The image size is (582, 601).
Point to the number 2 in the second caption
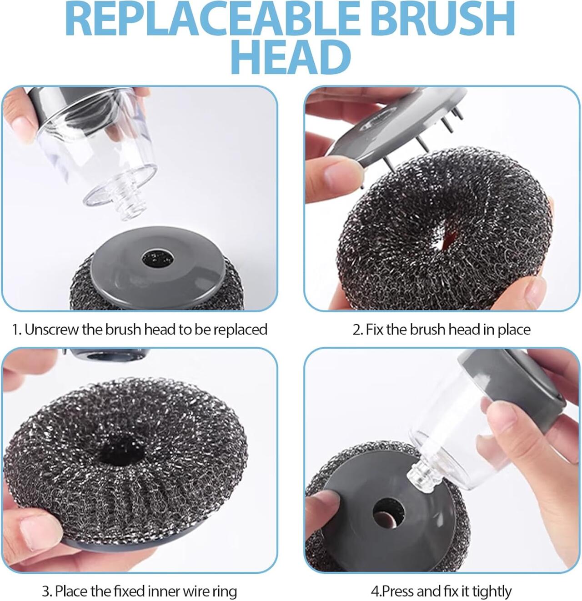[356, 330]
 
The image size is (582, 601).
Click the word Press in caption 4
[398, 591]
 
